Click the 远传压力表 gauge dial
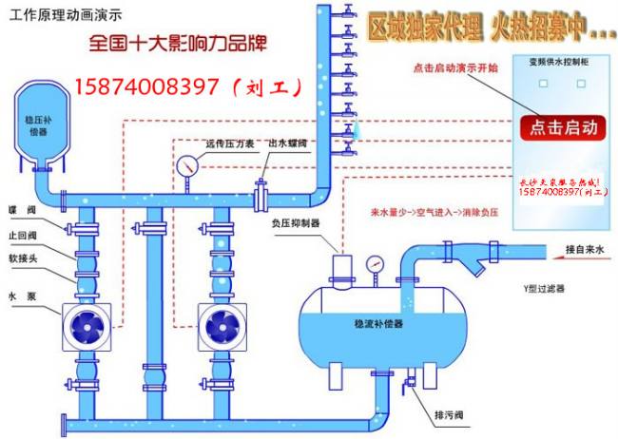pos(186,164)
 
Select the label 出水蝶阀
pos(287,143)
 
